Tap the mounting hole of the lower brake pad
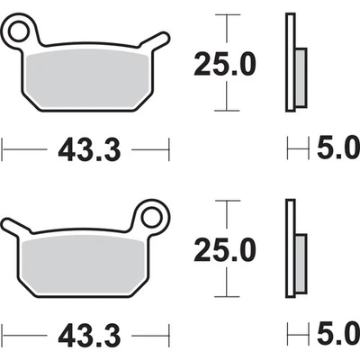coord(149,215)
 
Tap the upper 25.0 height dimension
coord(226,65)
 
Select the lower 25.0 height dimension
coord(226,246)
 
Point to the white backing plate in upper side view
coord(289,63)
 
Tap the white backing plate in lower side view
coord(289,245)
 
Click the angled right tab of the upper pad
coord(157,43)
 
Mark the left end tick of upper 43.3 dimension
coord(3,146)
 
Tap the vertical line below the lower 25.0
coord(226,281)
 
